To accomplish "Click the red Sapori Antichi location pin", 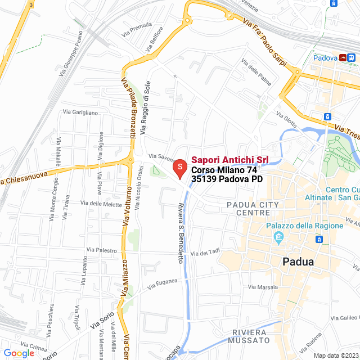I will [179, 168].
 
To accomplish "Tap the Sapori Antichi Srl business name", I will [229, 160].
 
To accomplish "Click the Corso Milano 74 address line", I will [224, 170].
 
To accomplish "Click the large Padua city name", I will [298, 262].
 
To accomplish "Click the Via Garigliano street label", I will [80, 112].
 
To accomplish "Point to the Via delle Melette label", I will [101, 204].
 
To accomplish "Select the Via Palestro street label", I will [101, 249].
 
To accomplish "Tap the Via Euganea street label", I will [163, 283].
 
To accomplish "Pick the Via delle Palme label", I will [256, 72].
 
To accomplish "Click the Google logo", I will [19, 353].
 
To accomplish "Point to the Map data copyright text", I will [336, 355].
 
